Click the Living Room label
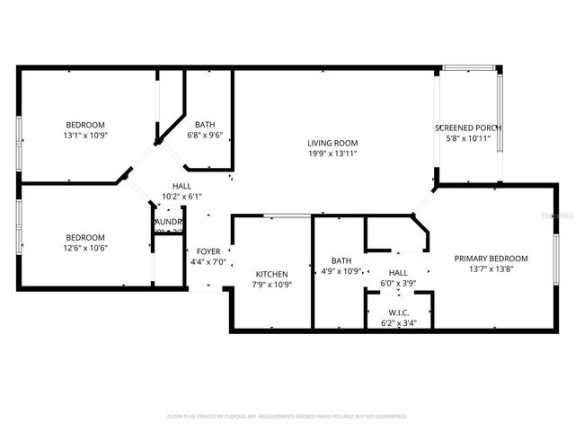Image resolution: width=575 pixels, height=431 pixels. point(332,142)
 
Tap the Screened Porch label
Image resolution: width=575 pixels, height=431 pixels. point(467,128)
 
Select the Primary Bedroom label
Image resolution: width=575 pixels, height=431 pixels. point(491,258)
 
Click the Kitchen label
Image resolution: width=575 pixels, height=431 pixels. point(271,274)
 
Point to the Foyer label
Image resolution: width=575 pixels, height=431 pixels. point(209,251)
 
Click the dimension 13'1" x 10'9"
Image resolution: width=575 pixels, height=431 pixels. point(85,136)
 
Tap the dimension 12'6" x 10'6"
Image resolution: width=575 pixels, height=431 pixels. point(85,248)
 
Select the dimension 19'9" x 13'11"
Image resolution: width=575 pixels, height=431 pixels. point(332,154)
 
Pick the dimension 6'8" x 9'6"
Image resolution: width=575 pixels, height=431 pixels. point(204,136)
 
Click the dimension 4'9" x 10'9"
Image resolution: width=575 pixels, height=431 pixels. point(341,270)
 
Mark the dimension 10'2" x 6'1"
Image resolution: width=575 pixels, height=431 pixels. point(181,197)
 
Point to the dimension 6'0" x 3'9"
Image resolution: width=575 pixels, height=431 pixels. point(399,283)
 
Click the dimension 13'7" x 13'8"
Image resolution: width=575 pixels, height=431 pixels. point(491,268)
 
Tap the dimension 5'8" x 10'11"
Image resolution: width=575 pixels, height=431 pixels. point(467,138)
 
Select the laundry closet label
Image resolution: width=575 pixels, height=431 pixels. point(169,221)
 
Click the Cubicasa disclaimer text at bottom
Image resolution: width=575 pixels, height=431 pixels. point(287,416)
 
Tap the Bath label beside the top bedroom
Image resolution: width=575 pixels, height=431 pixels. point(204,125)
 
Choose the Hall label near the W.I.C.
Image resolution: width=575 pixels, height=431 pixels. point(399,272)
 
